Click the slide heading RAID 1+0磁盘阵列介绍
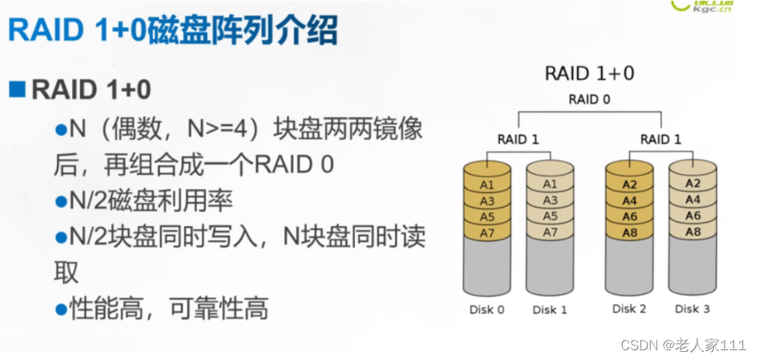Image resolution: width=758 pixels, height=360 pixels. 173,31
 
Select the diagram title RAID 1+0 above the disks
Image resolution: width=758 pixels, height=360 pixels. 589,73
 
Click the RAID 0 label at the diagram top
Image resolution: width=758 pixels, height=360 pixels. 589,99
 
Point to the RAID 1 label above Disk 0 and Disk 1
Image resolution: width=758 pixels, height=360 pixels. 517,139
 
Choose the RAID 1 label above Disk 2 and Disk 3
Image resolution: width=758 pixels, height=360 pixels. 660,139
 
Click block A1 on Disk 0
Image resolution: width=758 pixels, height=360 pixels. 487,184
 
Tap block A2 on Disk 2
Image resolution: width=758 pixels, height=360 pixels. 629,184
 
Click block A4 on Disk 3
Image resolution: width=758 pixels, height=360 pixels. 692,199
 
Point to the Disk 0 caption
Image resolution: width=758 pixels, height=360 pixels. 486,310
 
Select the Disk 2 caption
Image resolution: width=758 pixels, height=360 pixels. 629,309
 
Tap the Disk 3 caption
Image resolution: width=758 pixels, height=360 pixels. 692,309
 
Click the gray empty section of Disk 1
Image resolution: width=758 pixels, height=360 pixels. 550,266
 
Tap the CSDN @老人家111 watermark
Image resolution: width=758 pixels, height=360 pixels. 683,345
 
